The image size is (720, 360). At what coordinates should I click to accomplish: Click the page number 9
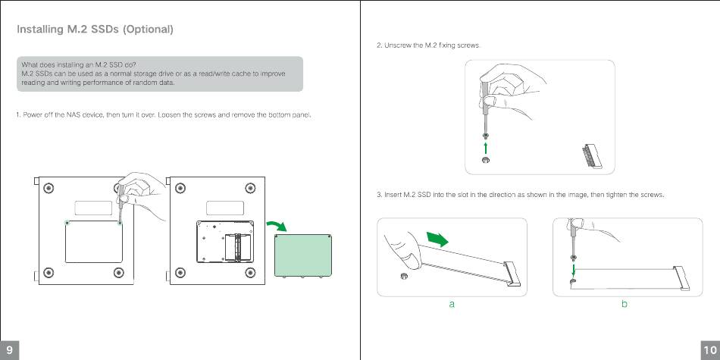tap(9, 351)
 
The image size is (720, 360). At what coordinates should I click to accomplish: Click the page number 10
tap(710, 351)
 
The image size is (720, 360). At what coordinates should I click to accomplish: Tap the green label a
tap(452, 304)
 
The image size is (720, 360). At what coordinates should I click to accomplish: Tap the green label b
tap(625, 303)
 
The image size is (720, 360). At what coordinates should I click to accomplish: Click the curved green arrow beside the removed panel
tap(277, 225)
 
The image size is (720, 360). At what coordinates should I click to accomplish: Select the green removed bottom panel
tap(303, 255)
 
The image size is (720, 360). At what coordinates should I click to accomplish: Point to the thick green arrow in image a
tap(437, 239)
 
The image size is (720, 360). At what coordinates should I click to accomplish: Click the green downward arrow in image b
tap(574, 268)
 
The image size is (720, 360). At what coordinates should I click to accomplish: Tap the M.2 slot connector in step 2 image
tap(593, 158)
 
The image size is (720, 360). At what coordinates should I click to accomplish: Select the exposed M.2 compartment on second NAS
tap(225, 242)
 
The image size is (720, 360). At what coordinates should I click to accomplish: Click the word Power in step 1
tap(30, 114)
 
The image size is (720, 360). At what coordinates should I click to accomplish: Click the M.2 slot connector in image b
tap(682, 279)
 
